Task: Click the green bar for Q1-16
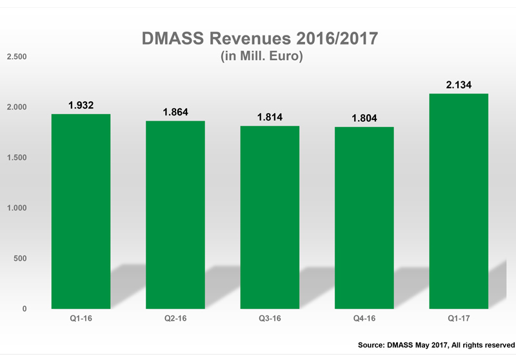click(81, 212)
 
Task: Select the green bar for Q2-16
click(175, 215)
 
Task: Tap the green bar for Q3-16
click(270, 217)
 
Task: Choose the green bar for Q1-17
click(459, 201)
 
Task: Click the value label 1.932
click(81, 105)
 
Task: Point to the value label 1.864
click(175, 112)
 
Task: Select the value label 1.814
click(270, 117)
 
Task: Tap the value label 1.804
click(364, 118)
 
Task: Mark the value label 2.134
click(459, 84)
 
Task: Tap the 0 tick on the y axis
click(25, 309)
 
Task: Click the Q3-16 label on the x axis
click(270, 319)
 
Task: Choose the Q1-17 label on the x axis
click(459, 319)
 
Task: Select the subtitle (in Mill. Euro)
click(258, 57)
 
